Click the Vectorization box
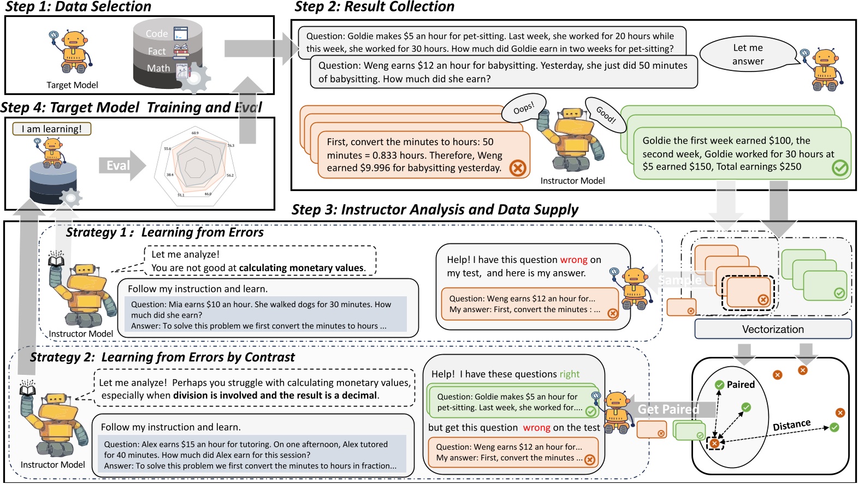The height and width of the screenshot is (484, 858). pos(772,329)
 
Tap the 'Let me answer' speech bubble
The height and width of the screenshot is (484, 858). pos(747,55)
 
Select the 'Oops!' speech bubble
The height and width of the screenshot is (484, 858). pos(523,109)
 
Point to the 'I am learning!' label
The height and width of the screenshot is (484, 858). pos(51,129)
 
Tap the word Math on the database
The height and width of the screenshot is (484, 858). pos(158,68)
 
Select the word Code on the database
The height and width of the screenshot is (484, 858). pos(157,34)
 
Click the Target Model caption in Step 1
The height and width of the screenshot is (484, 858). pos(72,85)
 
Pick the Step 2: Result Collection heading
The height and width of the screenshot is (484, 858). pos(374,7)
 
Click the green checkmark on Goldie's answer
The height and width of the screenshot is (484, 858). pos(839,168)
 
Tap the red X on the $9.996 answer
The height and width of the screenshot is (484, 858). pos(517,168)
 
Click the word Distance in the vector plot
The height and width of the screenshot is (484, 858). pos(791,425)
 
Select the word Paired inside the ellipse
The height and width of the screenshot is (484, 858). pos(741,385)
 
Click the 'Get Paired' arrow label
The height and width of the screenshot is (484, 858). pos(668,409)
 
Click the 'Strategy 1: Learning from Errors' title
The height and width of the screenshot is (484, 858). pos(164,232)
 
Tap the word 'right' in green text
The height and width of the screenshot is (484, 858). pos(569,374)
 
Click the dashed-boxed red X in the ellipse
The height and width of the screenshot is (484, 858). pos(714,443)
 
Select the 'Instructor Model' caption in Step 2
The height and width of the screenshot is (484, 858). pos(572,181)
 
